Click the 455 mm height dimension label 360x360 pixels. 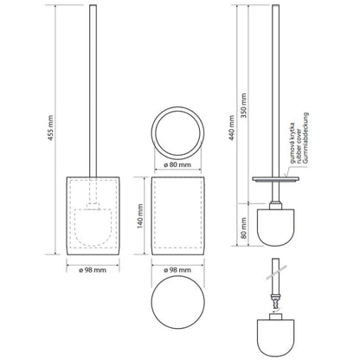(51, 128)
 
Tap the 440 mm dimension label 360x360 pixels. (232, 128)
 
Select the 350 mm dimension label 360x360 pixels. (244, 106)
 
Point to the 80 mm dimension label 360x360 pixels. (244, 228)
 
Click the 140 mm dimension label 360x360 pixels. (140, 216)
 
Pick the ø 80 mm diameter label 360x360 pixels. (177, 165)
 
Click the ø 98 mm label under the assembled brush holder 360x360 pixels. (93, 270)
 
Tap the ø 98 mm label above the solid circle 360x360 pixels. (177, 270)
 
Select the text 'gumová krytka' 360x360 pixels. (292, 143)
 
